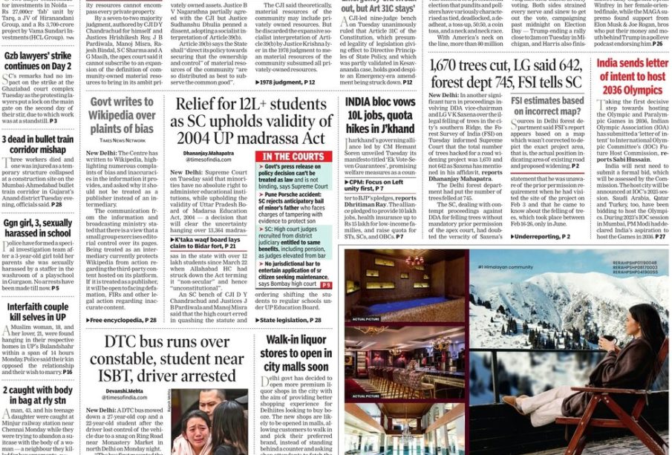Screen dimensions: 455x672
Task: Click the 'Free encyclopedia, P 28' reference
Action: pos(123,320)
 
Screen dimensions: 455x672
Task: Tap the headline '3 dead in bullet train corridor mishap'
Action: pos(37,145)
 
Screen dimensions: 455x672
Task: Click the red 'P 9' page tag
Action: pos(326,285)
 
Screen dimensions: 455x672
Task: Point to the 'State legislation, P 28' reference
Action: pos(290,320)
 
